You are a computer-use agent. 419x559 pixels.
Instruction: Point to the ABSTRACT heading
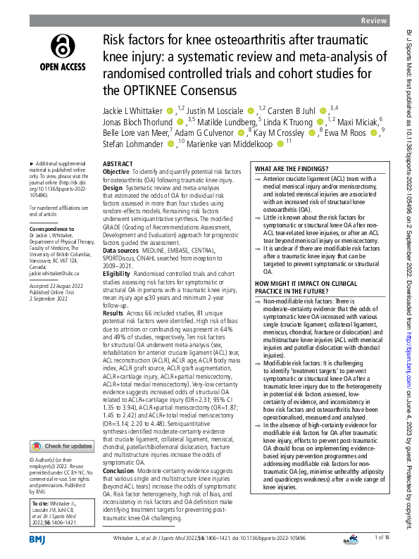click(x=117, y=162)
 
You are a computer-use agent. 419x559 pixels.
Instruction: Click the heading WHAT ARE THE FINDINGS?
click(x=289, y=170)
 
